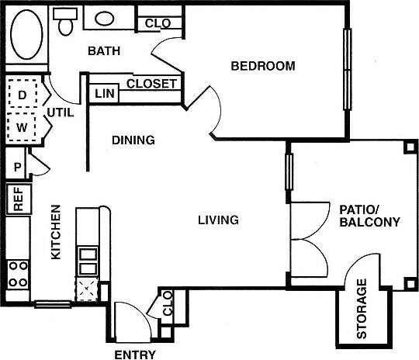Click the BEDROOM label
coord(263,67)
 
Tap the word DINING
coord(133,141)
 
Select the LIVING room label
coord(217,220)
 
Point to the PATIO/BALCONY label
coord(369,216)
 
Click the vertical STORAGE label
coord(362,310)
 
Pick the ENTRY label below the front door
coord(135,355)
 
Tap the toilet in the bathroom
coord(65,24)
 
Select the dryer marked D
coord(22,95)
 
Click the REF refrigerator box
coord(18,199)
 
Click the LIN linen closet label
coord(104,94)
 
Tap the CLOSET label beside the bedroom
coord(151,83)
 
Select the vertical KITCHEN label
coord(56,232)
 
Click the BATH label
coord(103,52)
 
